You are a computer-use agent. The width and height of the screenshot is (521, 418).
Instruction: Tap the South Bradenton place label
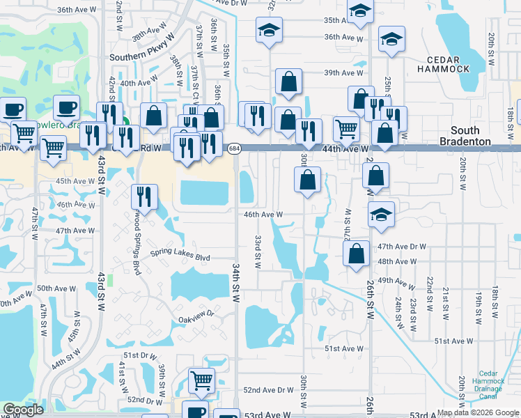click(x=474, y=136)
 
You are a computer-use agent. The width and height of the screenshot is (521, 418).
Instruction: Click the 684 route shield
click(x=235, y=148)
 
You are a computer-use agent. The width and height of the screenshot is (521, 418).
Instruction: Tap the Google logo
click(x=23, y=410)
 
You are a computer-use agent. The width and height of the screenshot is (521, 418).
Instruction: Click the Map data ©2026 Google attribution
click(x=478, y=412)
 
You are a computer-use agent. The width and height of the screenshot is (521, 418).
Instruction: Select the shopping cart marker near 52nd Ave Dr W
click(x=201, y=380)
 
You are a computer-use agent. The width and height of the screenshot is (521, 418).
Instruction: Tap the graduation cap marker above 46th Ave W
click(x=381, y=213)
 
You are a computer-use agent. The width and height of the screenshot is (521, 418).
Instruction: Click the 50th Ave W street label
click(x=56, y=288)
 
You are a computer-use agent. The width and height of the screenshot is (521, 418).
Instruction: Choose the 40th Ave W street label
click(x=137, y=83)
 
